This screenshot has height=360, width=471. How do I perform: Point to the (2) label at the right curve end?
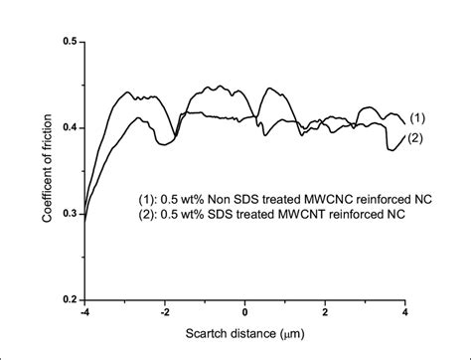(417, 138)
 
